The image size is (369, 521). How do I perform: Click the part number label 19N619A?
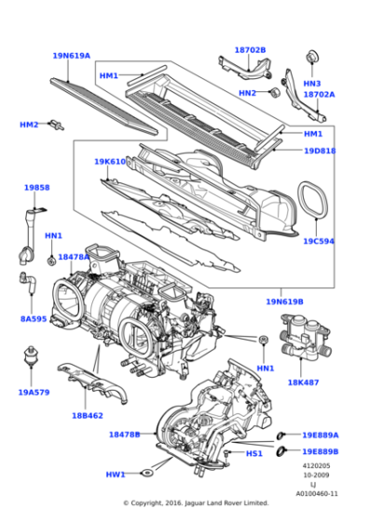(71, 56)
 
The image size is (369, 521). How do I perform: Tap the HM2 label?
(30, 125)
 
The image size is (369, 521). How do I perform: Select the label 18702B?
(250, 50)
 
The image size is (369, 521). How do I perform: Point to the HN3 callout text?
(311, 83)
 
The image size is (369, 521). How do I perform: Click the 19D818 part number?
(320, 151)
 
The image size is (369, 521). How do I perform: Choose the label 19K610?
(109, 162)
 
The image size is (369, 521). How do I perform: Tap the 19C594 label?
(318, 241)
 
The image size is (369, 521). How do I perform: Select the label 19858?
(36, 187)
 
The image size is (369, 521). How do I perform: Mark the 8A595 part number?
(34, 318)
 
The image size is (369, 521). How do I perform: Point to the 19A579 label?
(35, 392)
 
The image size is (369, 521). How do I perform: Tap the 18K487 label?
(304, 381)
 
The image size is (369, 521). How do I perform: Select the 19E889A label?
(320, 434)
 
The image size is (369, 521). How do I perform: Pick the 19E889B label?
(320, 451)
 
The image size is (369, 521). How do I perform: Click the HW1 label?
(115, 474)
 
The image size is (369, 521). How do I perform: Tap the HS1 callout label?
(253, 453)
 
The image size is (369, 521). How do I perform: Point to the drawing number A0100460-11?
(318, 493)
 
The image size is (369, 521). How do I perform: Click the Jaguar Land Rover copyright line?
(195, 503)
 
